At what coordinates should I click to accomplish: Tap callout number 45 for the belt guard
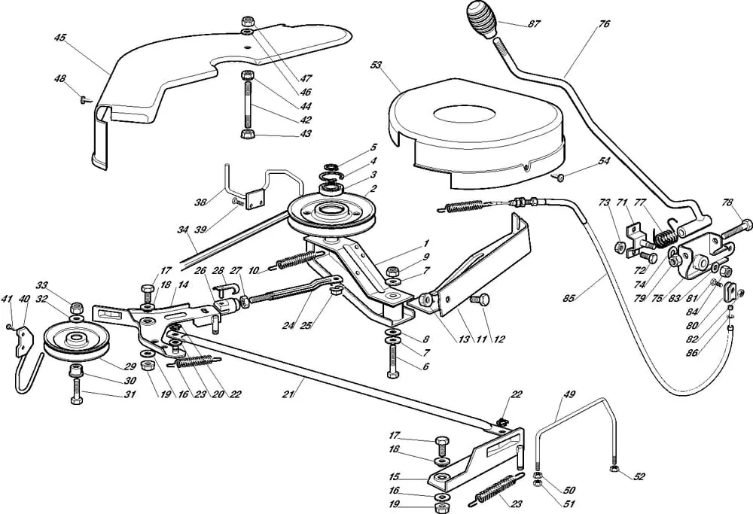pos(60,38)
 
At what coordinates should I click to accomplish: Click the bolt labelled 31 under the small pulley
pos(76,394)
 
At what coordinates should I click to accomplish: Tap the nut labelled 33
pos(75,307)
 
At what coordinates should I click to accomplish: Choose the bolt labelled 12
pos(482,299)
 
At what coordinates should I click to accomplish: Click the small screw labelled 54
pos(559,178)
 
